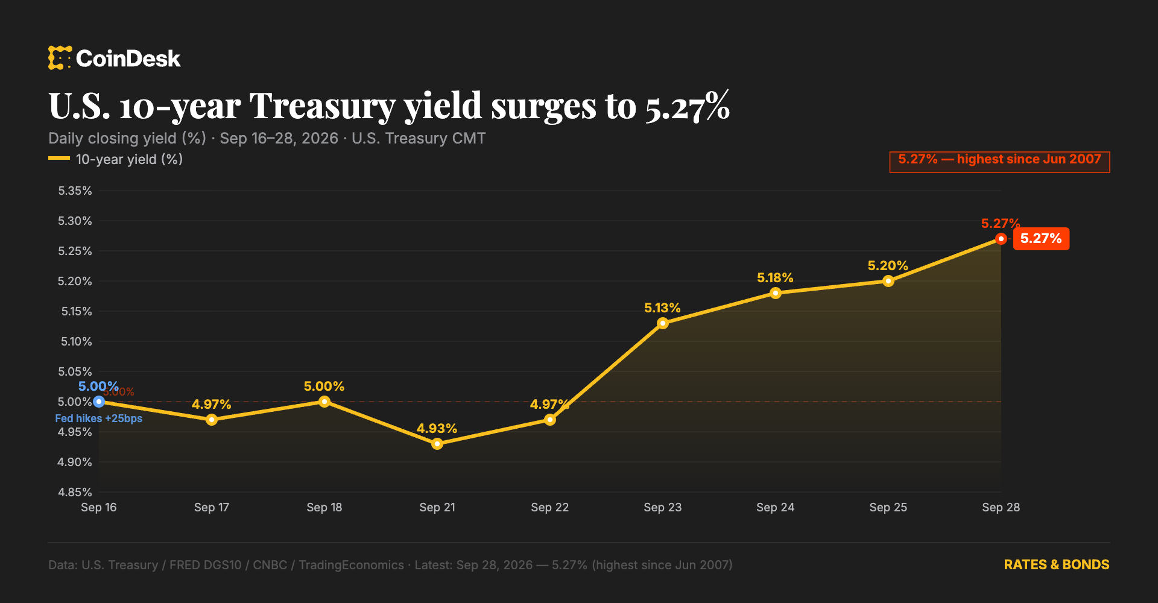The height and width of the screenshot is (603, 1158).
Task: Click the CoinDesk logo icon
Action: point(60,58)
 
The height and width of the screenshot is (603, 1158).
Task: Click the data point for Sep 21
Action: point(437,444)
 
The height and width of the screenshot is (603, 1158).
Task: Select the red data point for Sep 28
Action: point(1001,239)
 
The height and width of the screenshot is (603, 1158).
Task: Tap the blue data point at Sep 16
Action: point(99,402)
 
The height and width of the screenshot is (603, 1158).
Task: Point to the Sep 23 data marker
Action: point(662,323)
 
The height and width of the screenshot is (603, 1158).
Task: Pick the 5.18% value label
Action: point(775,278)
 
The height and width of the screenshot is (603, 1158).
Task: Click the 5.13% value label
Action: point(662,308)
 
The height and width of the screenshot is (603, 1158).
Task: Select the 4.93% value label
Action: point(437,429)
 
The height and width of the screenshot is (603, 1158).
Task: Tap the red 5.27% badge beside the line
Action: point(1041,239)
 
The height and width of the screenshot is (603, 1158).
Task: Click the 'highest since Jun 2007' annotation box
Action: point(999,162)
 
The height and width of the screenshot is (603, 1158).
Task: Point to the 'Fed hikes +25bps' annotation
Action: point(99,418)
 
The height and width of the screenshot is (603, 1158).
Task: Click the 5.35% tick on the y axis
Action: point(75,191)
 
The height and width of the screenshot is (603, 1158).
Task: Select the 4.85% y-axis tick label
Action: point(75,493)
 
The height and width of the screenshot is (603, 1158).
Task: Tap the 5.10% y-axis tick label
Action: point(76,342)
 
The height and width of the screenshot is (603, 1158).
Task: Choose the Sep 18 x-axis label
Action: point(324,508)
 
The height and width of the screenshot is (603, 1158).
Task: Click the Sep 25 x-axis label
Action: point(888,508)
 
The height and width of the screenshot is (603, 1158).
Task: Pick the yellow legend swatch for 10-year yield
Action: point(59,159)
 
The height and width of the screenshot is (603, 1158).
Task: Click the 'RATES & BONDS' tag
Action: point(1056,565)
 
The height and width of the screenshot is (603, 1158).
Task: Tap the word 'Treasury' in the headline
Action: point(323,107)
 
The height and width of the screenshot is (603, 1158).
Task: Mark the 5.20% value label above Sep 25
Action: point(888,266)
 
